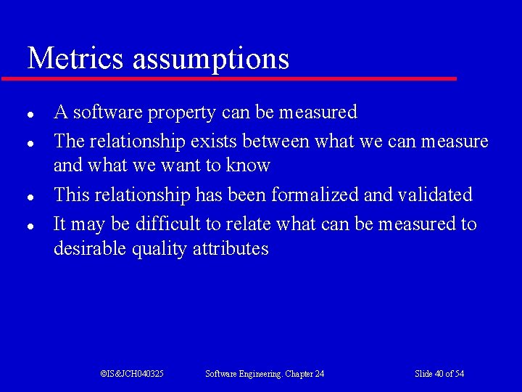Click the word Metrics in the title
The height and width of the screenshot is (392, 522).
76,58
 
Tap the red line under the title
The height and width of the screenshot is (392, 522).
228,78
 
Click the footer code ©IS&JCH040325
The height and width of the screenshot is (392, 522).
132,374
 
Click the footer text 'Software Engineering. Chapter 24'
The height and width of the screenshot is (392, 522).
265,374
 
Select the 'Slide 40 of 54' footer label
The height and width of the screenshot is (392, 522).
439,374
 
